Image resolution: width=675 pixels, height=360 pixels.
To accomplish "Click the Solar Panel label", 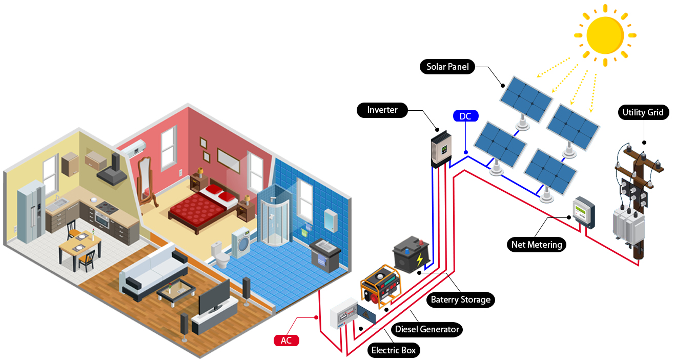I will pyautogui.click(x=447, y=67).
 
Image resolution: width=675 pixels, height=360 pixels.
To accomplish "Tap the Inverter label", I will pyautogui.click(x=382, y=110).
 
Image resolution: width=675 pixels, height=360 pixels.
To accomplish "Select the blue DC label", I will pyautogui.click(x=465, y=116).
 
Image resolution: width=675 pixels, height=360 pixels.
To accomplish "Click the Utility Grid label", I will pyautogui.click(x=643, y=112).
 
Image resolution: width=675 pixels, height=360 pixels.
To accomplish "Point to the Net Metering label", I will pyautogui.click(x=537, y=245).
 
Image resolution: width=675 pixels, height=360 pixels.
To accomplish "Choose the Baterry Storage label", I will pyautogui.click(x=460, y=299).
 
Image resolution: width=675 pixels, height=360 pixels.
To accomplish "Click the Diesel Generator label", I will pyautogui.click(x=426, y=329).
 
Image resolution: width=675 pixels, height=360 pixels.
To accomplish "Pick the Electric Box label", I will pyautogui.click(x=394, y=351).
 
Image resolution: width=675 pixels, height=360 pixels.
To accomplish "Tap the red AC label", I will pyautogui.click(x=286, y=341).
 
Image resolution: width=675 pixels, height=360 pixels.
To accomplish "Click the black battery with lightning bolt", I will pyautogui.click(x=411, y=253).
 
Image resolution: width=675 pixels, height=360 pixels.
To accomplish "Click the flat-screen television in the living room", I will pyautogui.click(x=214, y=297).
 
